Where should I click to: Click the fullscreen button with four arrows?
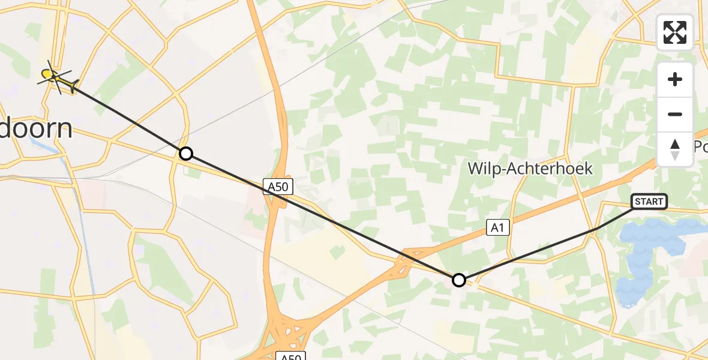675,32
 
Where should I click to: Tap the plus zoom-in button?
675,80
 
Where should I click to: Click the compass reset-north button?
675,149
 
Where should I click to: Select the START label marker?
649,202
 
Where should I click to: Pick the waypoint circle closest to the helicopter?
186,154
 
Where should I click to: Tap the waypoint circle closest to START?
459,280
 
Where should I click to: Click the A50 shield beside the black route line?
278,187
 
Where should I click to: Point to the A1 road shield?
497,226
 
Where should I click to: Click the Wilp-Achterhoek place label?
530,169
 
